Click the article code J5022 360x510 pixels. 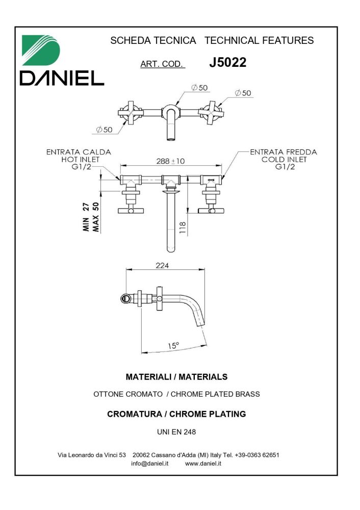click(227, 63)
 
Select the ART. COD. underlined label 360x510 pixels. click(162, 64)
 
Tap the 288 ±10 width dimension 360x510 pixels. click(170, 161)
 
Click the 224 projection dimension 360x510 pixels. click(163, 265)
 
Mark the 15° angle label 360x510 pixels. click(173, 346)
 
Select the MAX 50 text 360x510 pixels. click(95, 217)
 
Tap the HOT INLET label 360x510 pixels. click(80, 159)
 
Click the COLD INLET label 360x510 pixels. click(284, 159)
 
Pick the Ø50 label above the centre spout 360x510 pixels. click(199, 88)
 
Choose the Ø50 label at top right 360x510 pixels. click(243, 93)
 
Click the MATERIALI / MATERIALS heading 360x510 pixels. click(176, 377)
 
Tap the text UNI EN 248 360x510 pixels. click(176, 431)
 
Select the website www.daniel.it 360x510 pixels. click(203, 464)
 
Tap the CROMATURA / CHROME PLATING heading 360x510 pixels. click(176, 414)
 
